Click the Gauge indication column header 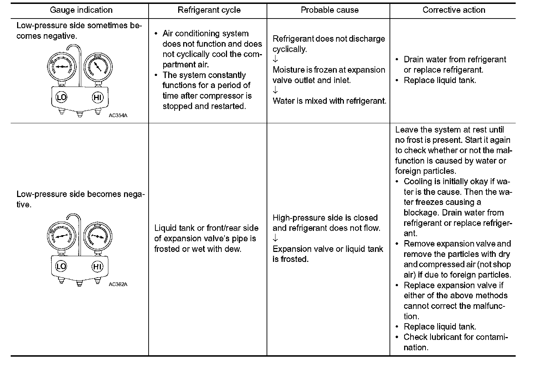(81, 10)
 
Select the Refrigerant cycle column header (209, 10)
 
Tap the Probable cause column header (330, 10)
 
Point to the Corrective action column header (454, 10)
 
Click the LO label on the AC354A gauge (61, 97)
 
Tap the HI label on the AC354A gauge (97, 97)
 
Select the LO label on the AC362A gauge (61, 267)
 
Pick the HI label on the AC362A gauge (97, 267)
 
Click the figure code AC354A (118, 115)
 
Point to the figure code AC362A (118, 284)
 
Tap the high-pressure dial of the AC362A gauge (97, 236)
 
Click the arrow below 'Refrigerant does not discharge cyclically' (275, 60)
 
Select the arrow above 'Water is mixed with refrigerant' (275, 91)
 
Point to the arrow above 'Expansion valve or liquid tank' (275, 238)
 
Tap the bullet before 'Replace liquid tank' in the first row (397, 81)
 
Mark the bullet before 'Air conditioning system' (156, 34)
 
